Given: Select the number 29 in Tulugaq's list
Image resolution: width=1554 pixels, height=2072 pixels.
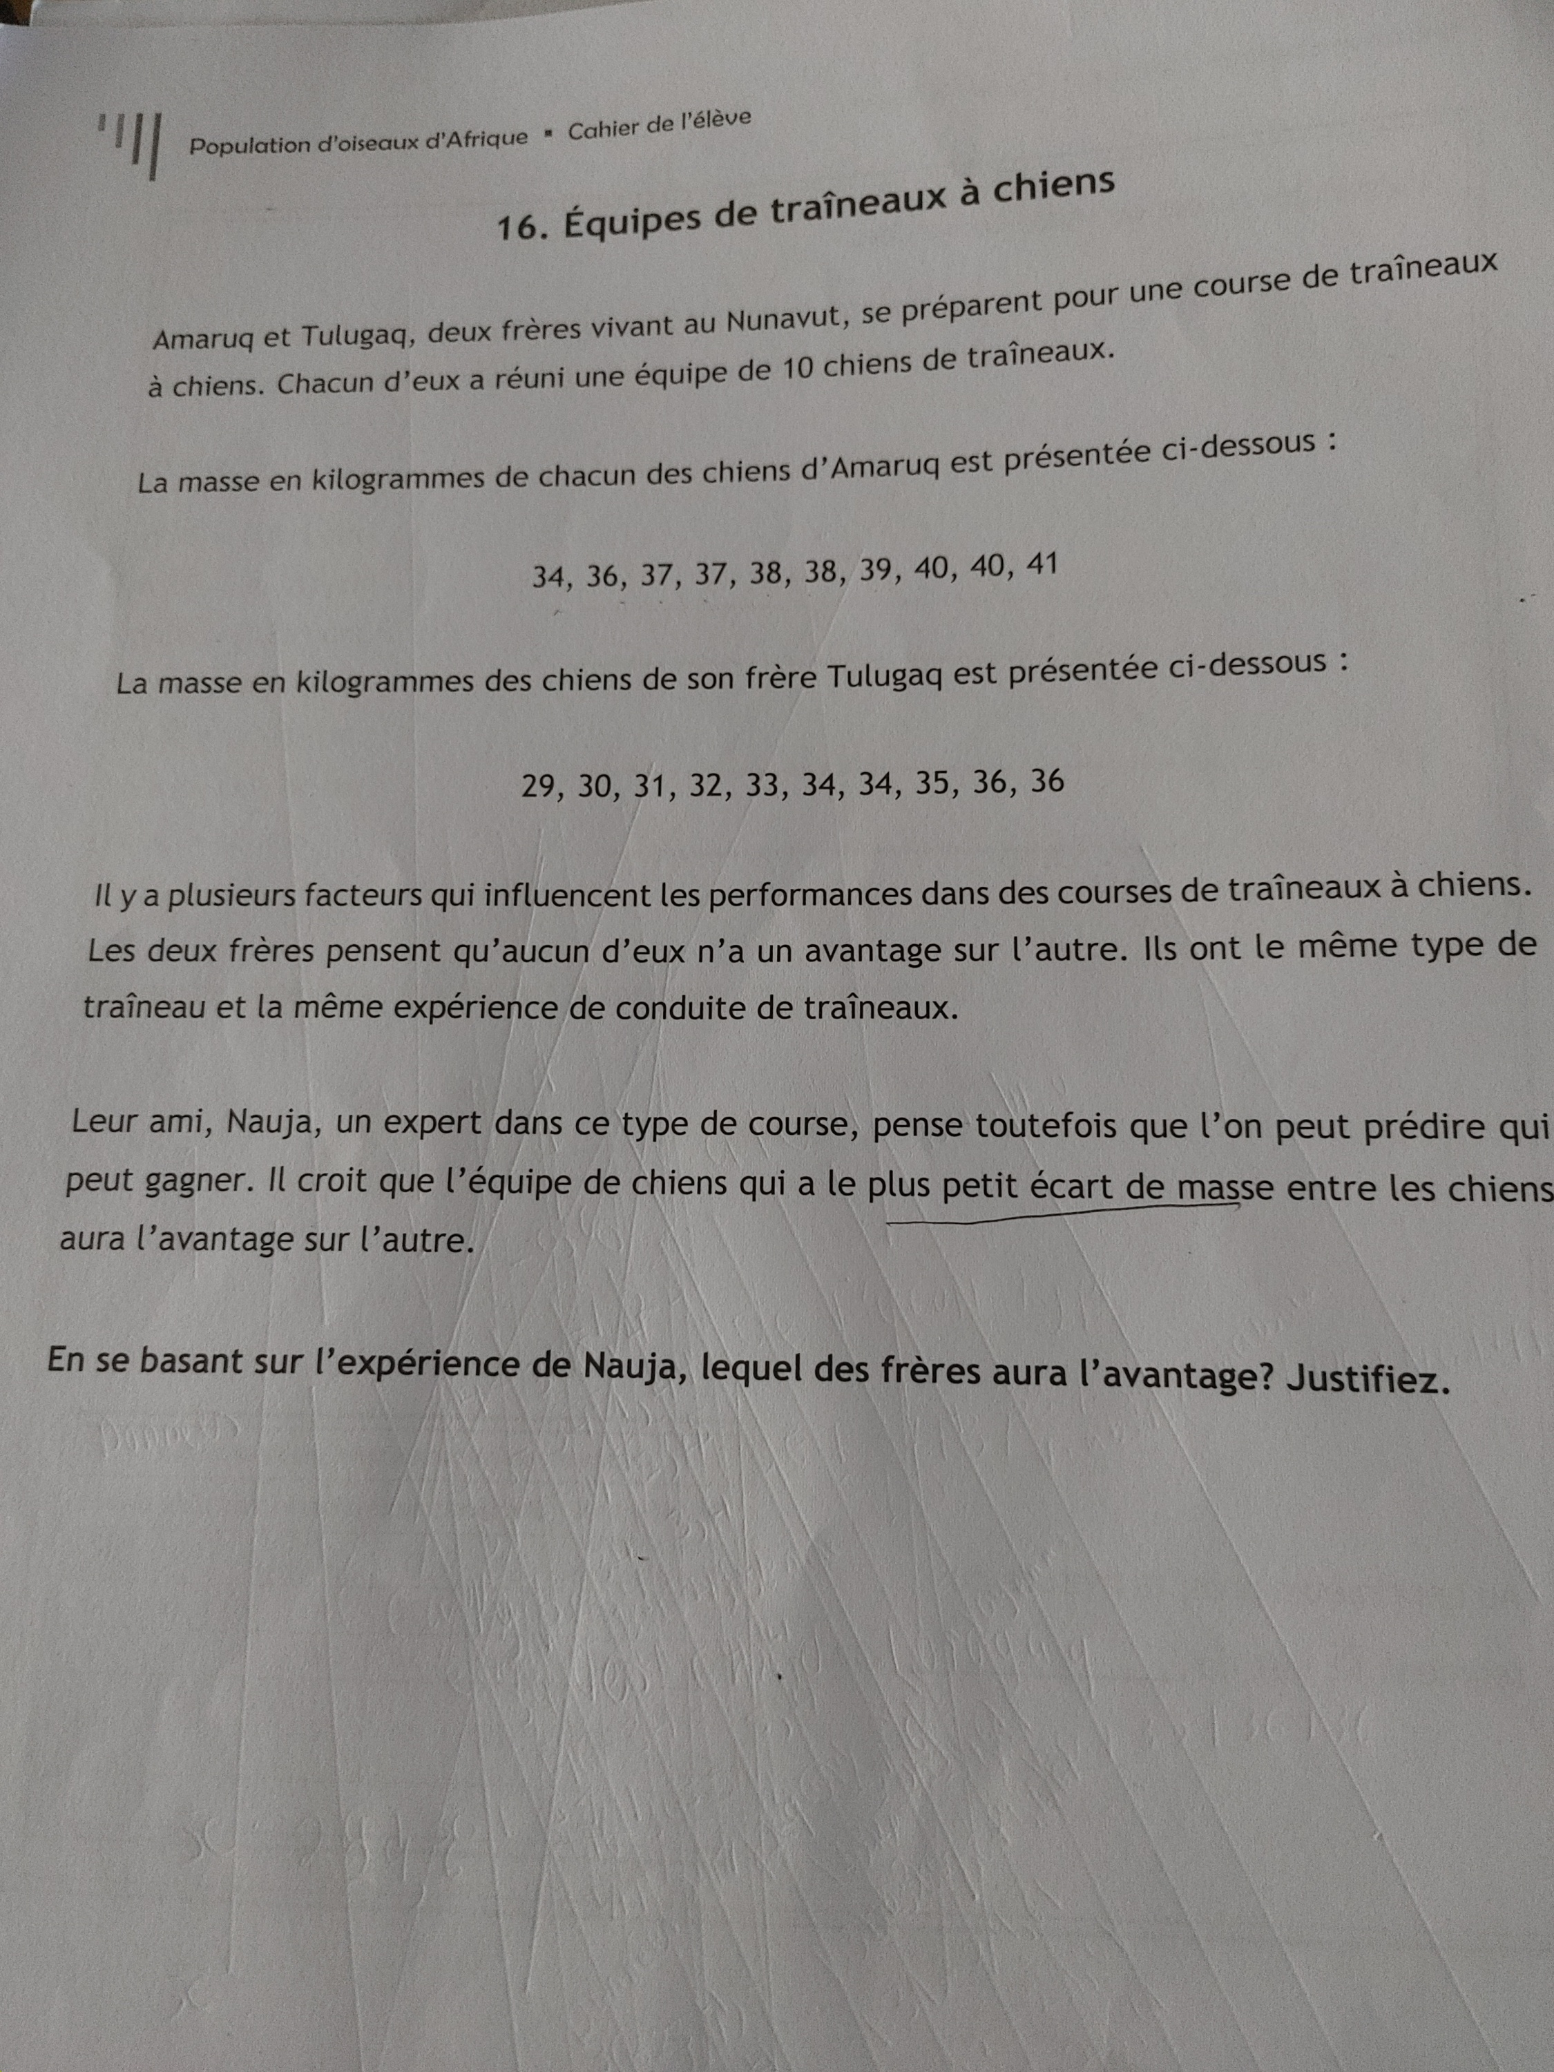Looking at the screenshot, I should tap(539, 786).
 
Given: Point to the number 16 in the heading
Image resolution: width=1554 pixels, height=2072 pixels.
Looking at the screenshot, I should tap(515, 227).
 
